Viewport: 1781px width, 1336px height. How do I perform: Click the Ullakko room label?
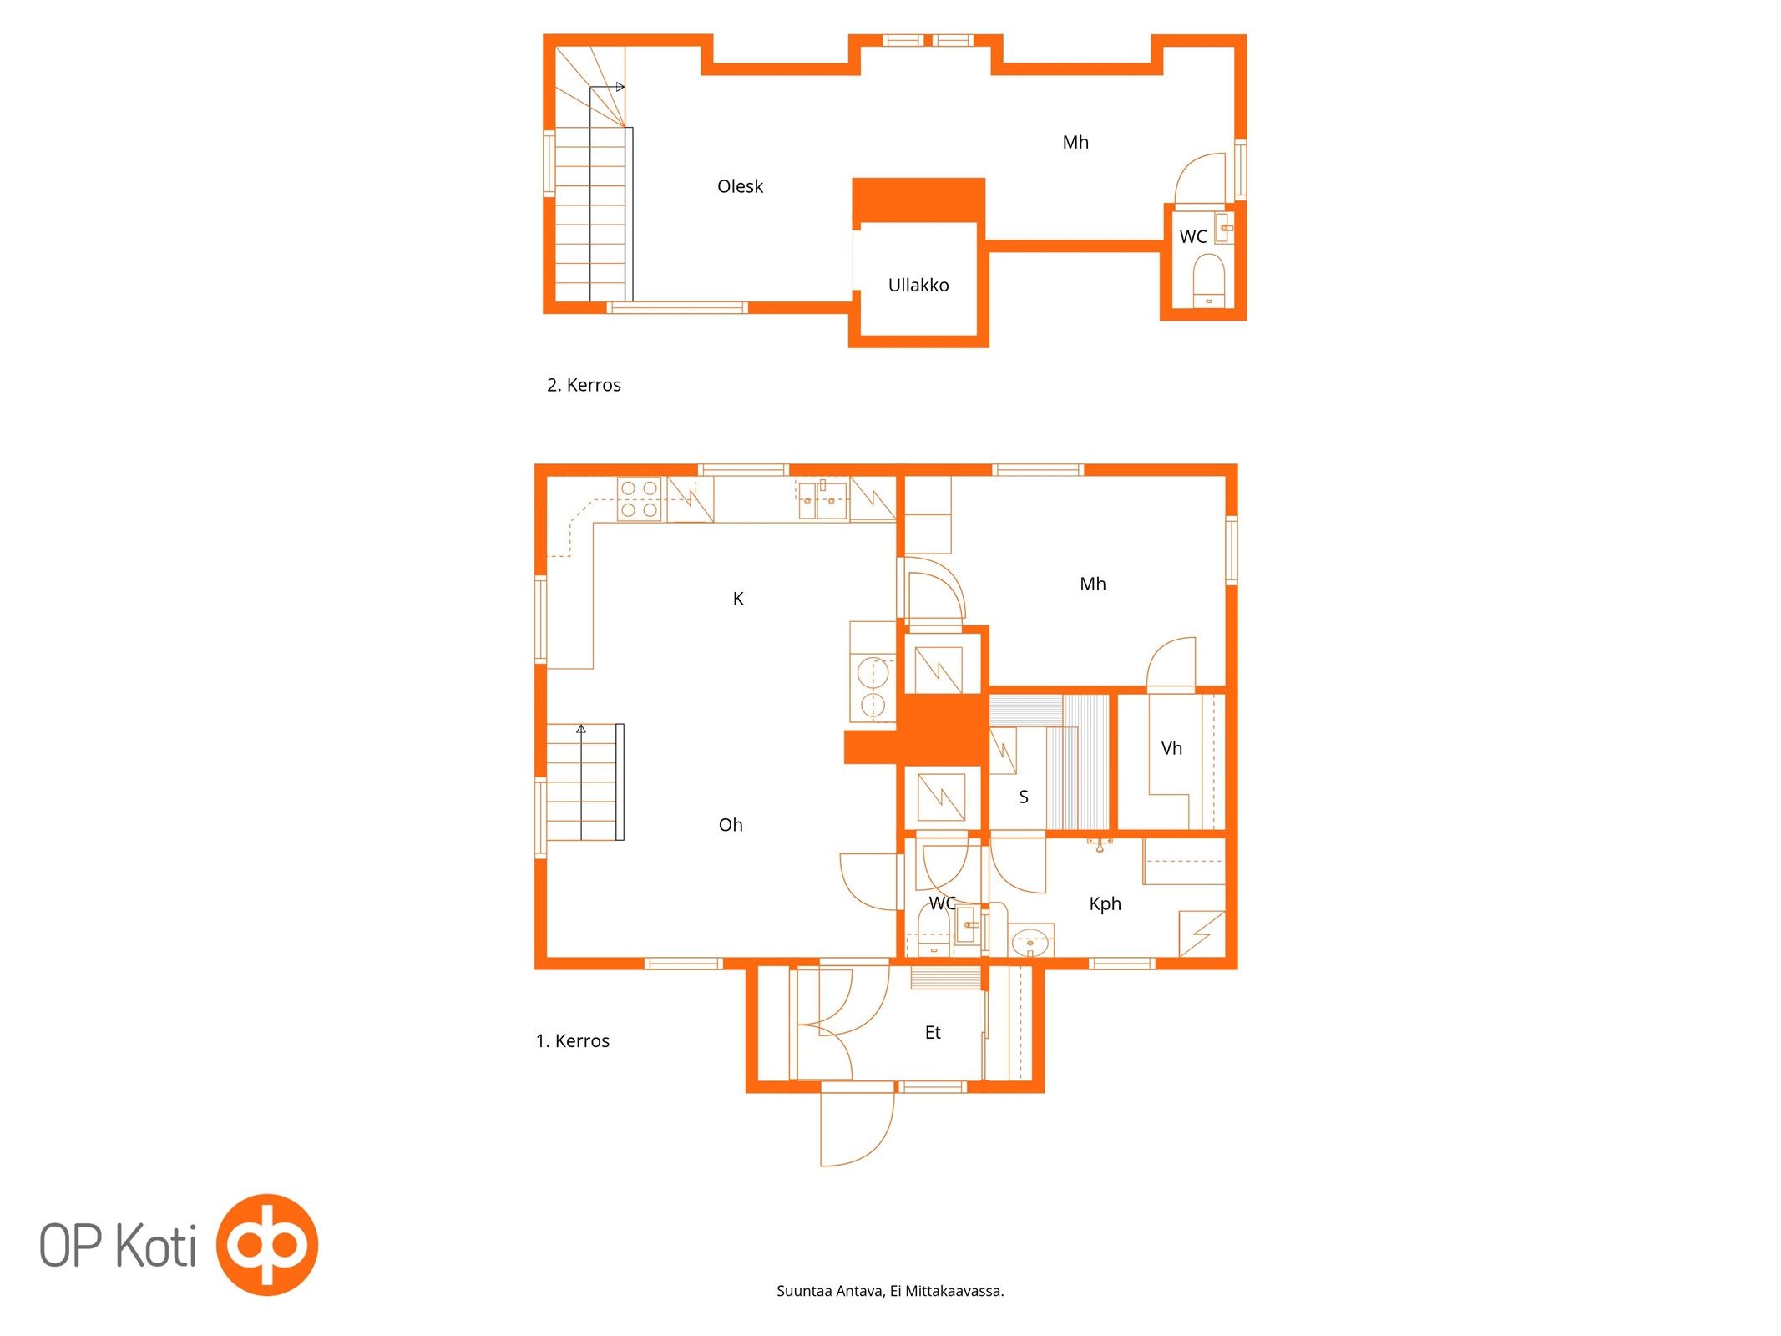click(918, 285)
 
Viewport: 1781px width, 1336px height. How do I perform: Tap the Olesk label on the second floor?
click(740, 186)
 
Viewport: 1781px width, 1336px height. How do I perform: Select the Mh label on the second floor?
click(1075, 143)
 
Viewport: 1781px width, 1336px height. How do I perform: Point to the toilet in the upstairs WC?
click(1208, 281)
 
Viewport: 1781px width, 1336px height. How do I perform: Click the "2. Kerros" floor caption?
click(584, 385)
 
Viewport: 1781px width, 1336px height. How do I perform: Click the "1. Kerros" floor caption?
click(572, 1041)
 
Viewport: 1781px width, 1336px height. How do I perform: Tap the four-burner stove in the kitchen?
click(639, 498)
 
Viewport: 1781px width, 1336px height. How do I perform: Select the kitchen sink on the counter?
click(822, 500)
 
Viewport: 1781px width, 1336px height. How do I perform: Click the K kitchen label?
click(738, 599)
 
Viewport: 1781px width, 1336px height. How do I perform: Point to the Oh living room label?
click(731, 825)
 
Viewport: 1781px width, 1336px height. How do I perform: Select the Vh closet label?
click(1171, 748)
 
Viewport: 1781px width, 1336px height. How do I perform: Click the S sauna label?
click(1024, 797)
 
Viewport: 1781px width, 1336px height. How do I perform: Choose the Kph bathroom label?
click(1105, 903)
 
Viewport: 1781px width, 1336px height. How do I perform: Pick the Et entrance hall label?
click(933, 1033)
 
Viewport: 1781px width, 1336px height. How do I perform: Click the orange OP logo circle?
click(267, 1244)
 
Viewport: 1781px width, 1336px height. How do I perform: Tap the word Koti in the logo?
click(156, 1245)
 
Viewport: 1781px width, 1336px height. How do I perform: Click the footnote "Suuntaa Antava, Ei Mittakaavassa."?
click(890, 1291)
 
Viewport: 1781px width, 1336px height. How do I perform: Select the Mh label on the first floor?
click(1092, 584)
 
